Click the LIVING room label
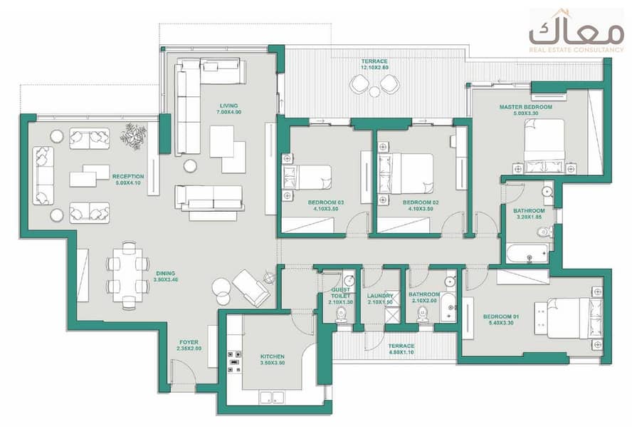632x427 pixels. [229, 106]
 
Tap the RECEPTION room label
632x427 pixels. [128, 176]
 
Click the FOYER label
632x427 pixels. [189, 342]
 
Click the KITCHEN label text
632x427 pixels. [273, 356]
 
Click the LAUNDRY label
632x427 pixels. [379, 296]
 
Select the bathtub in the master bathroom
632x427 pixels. [527, 253]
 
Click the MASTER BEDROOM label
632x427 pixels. [525, 107]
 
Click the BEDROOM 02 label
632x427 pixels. [421, 202]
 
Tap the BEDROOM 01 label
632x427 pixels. [500, 317]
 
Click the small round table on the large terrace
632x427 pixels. [375, 92]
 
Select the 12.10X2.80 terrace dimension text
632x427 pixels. [374, 68]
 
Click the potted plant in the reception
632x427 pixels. [133, 136]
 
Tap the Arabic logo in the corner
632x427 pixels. [576, 31]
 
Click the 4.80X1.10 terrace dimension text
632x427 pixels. [401, 352]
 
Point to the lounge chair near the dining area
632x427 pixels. [251, 287]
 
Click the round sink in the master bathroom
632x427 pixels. [547, 191]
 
